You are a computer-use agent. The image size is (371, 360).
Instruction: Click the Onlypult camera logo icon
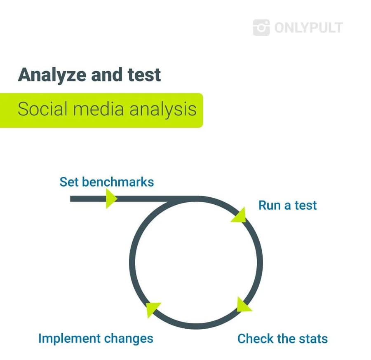click(261, 28)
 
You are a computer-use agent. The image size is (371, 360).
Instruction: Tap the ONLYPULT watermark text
click(308, 28)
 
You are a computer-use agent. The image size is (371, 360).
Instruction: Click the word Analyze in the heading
click(52, 75)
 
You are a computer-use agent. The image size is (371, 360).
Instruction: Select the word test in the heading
click(144, 75)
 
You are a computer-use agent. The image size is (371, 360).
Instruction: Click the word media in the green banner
click(99, 109)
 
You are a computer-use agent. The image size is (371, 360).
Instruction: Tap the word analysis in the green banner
click(163, 110)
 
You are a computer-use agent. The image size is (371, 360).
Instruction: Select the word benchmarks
click(118, 182)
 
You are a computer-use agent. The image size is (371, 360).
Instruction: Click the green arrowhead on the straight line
click(111, 199)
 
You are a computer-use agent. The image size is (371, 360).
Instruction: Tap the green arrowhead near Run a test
click(239, 215)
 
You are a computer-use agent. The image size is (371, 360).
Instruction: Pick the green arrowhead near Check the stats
click(244, 305)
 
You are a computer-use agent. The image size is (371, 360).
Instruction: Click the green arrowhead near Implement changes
click(153, 309)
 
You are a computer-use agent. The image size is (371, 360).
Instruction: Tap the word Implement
click(70, 339)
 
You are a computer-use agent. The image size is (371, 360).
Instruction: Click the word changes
click(129, 339)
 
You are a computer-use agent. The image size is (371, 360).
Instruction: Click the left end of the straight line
click(70, 199)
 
